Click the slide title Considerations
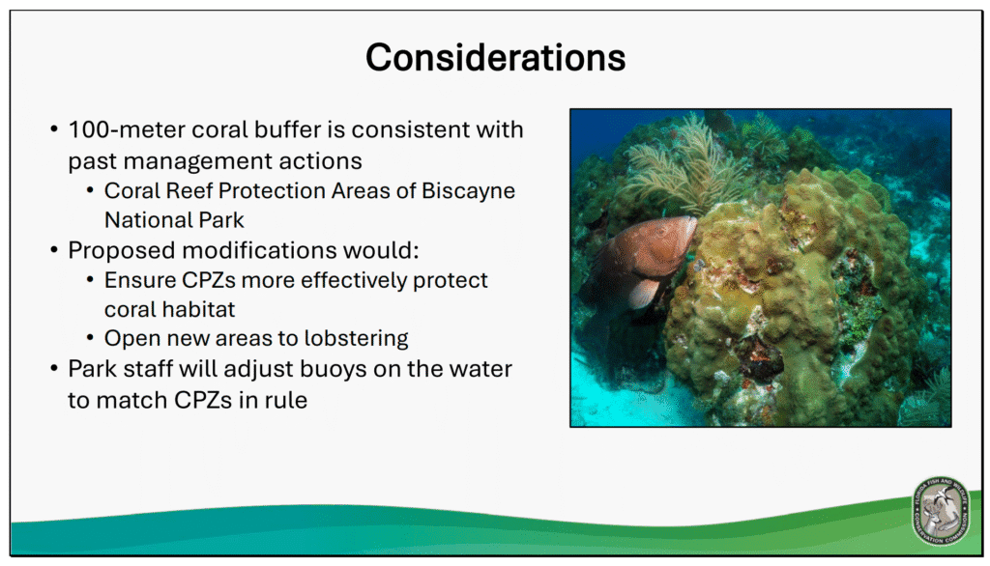[496, 57]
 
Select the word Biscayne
[469, 190]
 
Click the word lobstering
[356, 338]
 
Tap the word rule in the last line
[287, 400]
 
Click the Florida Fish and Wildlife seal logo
[940, 511]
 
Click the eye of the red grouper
[661, 232]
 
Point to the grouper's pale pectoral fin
[642, 294]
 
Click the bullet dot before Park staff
[54, 369]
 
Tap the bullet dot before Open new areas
[91, 338]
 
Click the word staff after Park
[148, 369]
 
